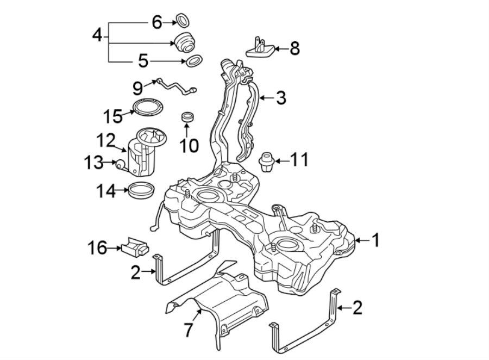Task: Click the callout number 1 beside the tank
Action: pos(374,240)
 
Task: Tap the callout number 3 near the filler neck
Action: pos(280,98)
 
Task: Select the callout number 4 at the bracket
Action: pos(97,36)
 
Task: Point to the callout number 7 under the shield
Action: pos(188,330)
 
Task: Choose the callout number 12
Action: pos(106,140)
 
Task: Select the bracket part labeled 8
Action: pos(259,47)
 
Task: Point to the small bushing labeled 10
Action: pos(188,117)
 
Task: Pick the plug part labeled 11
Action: pos(267,162)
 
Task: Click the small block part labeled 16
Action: pos(134,248)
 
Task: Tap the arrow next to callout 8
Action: pos(279,49)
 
